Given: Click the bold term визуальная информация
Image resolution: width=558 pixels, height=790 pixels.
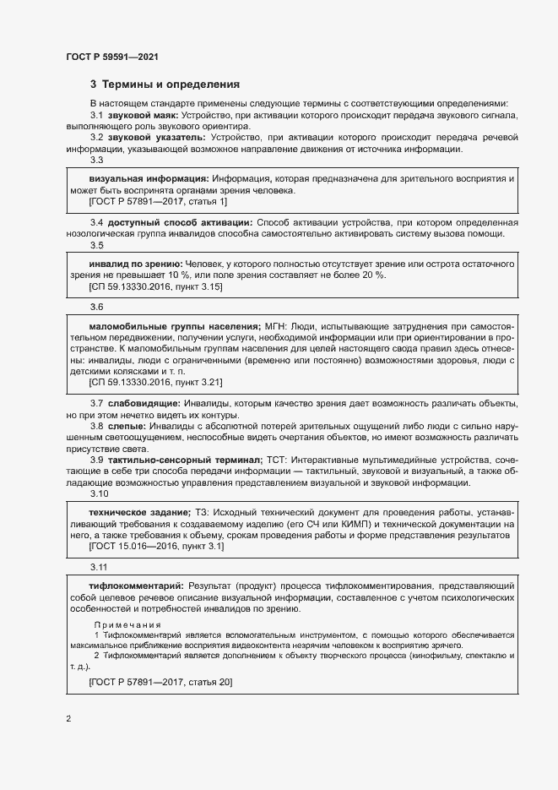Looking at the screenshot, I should click(149, 180).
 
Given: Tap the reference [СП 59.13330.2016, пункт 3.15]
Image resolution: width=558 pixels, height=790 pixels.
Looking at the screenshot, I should click(156, 287).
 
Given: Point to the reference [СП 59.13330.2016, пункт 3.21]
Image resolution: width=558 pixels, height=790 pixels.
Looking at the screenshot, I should click(156, 382).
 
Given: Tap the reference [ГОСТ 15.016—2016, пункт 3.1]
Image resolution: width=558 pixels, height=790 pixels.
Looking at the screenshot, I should click(156, 546).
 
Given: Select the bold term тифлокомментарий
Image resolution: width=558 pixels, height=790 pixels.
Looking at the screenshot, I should click(136, 586).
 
